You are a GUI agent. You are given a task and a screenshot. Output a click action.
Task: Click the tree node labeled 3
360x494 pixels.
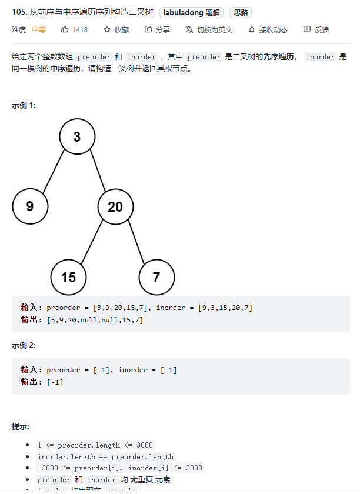click(77, 137)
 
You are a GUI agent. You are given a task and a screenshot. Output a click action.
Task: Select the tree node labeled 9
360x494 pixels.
click(30, 206)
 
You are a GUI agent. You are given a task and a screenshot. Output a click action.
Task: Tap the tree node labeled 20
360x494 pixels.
click(115, 206)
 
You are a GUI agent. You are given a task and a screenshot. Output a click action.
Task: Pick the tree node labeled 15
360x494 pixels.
click(68, 277)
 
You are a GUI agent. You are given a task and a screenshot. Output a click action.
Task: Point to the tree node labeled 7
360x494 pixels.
click(156, 277)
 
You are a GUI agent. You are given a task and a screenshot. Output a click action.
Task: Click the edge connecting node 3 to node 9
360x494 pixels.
click(54, 172)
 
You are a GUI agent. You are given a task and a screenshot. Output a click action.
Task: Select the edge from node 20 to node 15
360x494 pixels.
click(92, 241)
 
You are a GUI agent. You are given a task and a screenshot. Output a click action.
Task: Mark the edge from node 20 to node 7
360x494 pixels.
click(136, 241)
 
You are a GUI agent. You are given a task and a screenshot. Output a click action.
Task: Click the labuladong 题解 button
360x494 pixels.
click(191, 12)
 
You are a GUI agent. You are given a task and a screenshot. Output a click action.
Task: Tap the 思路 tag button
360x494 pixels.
click(241, 12)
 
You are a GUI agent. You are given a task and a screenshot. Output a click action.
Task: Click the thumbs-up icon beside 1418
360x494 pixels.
click(65, 29)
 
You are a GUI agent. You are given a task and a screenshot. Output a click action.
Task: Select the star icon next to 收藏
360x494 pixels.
click(107, 29)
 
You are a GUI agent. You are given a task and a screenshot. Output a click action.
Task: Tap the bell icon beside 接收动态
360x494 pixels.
click(252, 29)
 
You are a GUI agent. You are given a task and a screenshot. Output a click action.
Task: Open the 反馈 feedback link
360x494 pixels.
click(316, 29)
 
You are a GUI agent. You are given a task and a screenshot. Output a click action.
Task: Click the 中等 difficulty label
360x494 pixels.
click(39, 29)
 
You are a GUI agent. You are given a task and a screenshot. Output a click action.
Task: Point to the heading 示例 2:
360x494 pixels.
click(24, 345)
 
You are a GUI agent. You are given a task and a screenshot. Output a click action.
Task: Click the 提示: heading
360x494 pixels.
click(21, 426)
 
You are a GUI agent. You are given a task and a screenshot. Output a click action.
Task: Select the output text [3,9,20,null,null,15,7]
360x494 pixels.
click(95, 320)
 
